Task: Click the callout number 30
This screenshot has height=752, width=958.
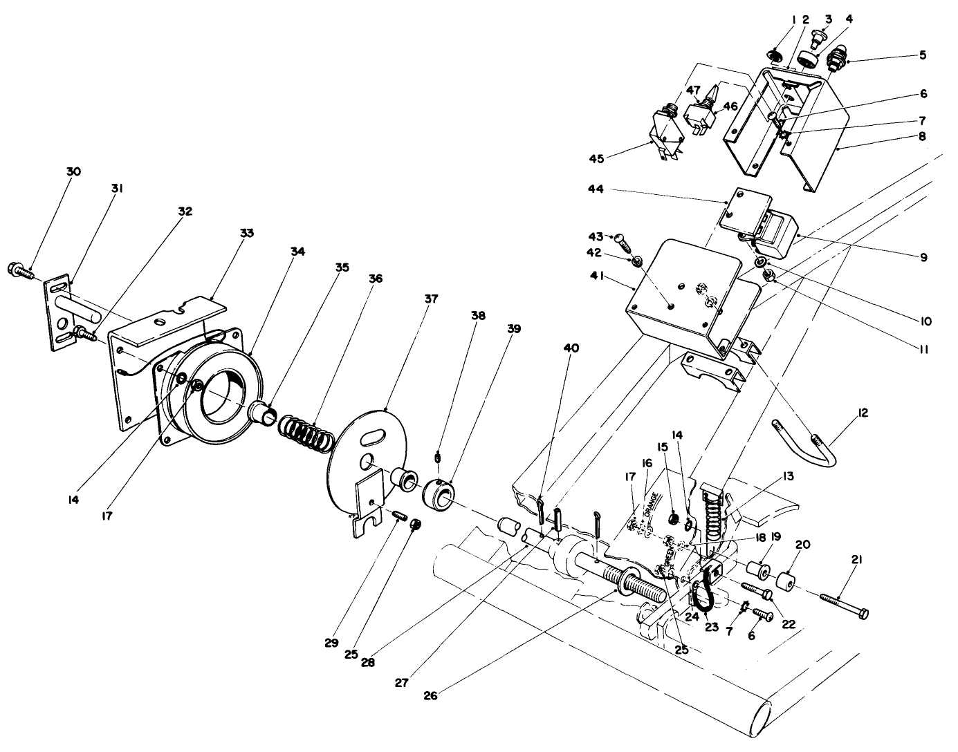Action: tap(73, 171)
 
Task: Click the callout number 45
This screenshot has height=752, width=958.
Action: tap(596, 159)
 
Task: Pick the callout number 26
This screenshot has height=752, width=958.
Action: tap(433, 695)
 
